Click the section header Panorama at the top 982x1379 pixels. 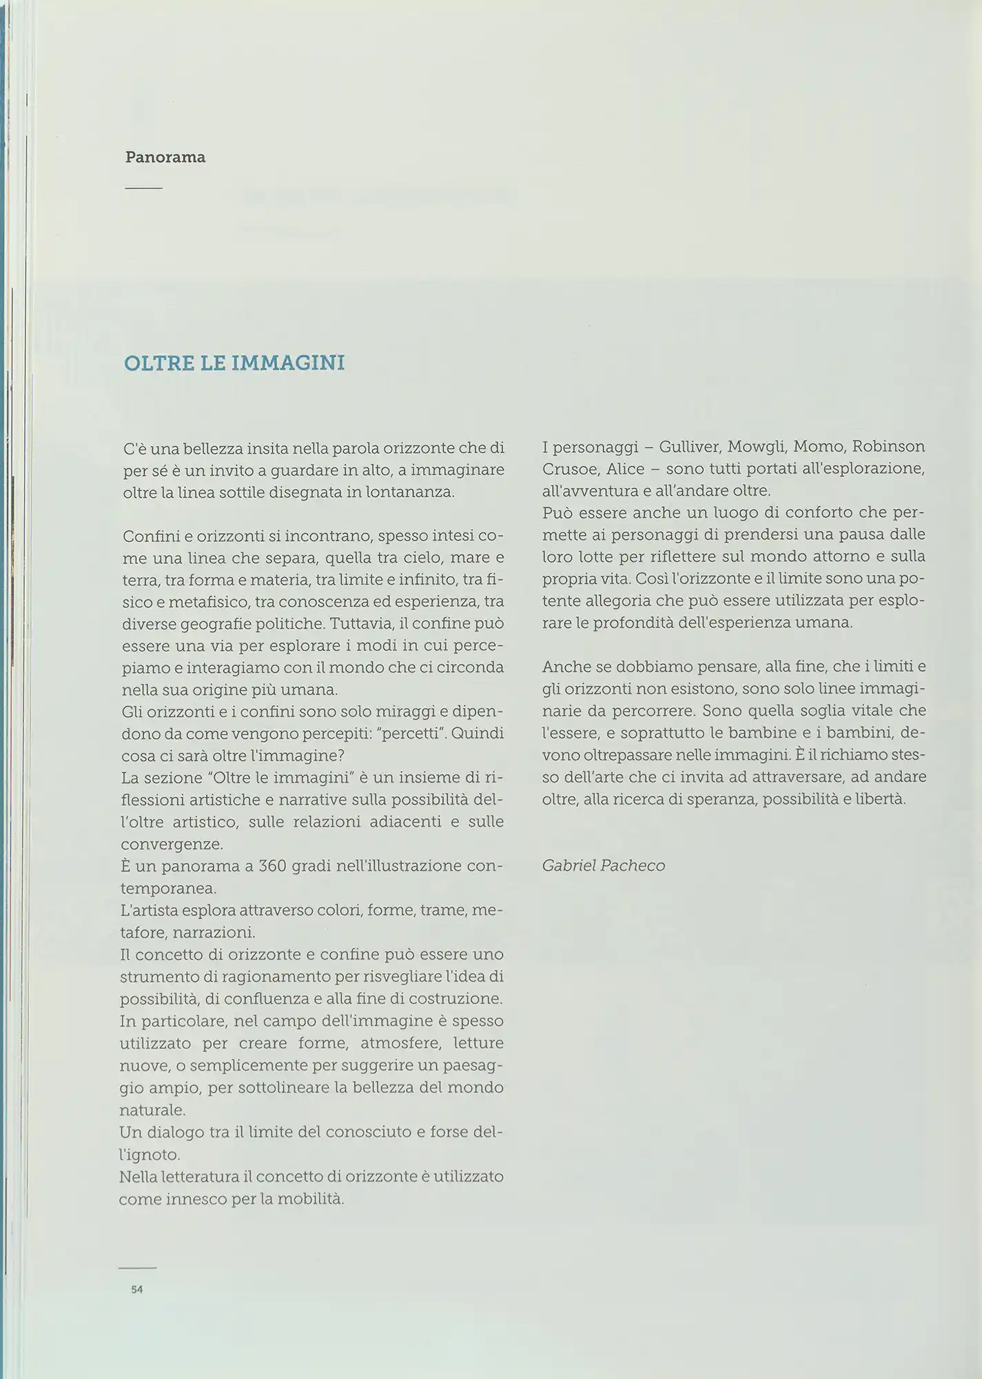tap(165, 157)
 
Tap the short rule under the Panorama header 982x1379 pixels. tap(143, 188)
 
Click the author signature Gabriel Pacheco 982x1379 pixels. tap(604, 865)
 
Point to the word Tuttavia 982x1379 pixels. tap(360, 624)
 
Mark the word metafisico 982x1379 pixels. tap(205, 602)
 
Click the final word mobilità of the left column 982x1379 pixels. tap(310, 1199)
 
